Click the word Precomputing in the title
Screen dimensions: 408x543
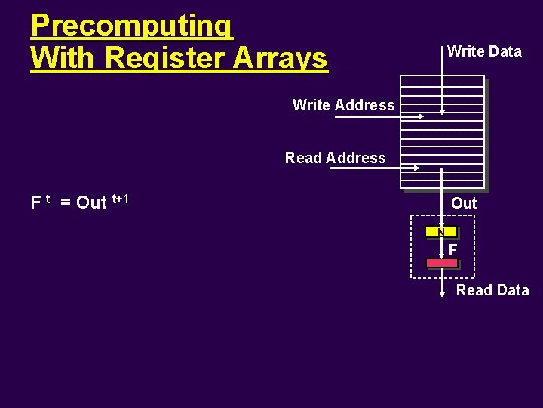point(132,26)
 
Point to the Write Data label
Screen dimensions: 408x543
point(484,51)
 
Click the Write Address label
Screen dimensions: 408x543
point(343,105)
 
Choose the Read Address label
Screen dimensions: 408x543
point(335,158)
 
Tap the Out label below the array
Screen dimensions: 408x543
point(464,203)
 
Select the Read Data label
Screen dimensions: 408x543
point(492,290)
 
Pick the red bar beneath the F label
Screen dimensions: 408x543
point(442,263)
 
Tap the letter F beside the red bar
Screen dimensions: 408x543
point(452,249)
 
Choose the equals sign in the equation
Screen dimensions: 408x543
point(66,202)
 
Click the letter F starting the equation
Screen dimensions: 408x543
point(35,202)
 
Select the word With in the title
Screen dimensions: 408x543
point(65,58)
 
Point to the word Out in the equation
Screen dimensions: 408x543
point(92,202)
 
